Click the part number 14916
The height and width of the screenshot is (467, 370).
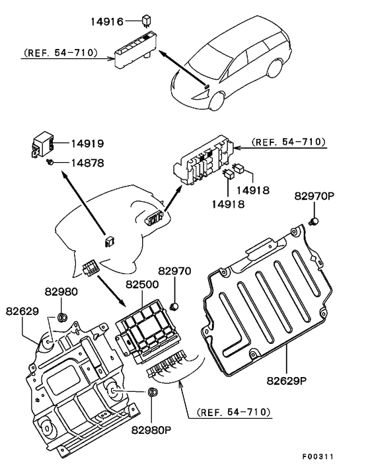[107, 21]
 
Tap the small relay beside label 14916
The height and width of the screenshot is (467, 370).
[146, 21]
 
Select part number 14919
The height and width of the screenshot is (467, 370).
[87, 144]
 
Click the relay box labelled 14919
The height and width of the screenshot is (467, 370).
[43, 144]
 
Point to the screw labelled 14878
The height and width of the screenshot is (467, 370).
[50, 162]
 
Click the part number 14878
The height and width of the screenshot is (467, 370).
[87, 163]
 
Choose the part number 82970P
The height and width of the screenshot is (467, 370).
[314, 196]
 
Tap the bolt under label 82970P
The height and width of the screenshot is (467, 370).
[314, 222]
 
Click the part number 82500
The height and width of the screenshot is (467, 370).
[142, 284]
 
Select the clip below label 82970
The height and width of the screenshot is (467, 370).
[174, 306]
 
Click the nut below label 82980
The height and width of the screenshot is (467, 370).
[62, 318]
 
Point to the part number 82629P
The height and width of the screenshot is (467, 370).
[287, 380]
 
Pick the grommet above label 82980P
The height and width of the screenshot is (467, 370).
[153, 392]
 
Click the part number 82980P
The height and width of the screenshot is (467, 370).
[151, 430]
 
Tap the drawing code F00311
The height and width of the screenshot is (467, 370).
[318, 456]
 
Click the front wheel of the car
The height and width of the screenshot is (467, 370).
[216, 101]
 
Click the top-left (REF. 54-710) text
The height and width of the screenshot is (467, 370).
[61, 53]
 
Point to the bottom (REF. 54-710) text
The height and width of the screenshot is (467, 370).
[233, 412]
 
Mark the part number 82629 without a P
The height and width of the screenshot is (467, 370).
[22, 312]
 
